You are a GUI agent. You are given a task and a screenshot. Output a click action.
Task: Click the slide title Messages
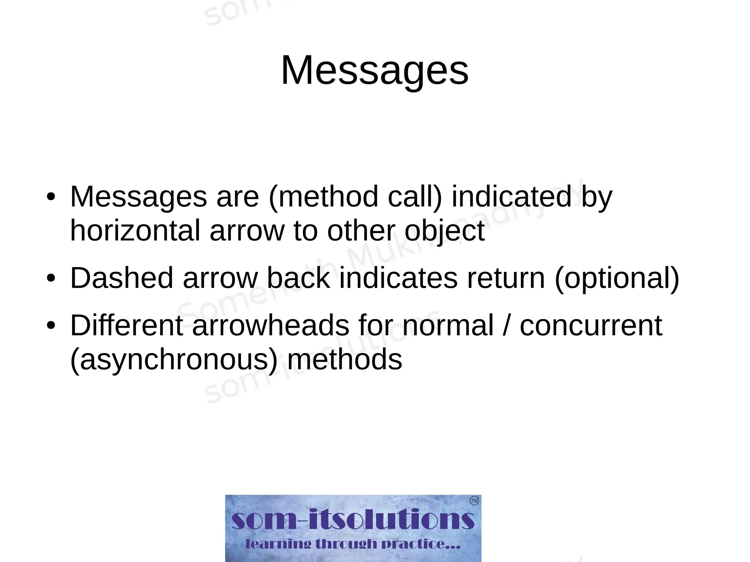coord(374,70)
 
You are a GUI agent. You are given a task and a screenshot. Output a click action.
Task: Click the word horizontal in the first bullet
coord(135,231)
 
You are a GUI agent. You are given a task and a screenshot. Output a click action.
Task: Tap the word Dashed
coord(121,278)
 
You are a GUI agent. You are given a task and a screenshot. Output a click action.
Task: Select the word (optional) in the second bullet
coord(617,278)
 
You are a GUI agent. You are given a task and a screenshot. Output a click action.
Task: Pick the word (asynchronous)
coord(174,359)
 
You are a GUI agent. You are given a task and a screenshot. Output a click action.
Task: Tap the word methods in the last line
coord(345,359)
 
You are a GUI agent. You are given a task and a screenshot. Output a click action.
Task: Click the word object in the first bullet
coord(445,231)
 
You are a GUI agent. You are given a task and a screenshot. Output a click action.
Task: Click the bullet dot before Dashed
coord(51,278)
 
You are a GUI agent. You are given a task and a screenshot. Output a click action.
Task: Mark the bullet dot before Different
coord(51,325)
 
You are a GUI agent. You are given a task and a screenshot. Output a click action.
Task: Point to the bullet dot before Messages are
coord(51,197)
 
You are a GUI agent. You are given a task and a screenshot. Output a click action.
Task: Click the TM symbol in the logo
coord(474,500)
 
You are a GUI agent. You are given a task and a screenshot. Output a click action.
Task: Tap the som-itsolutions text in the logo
coord(353,520)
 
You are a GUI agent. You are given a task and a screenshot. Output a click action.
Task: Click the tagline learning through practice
coord(353,544)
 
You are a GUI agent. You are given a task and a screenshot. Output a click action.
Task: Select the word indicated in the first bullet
coord(511,197)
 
